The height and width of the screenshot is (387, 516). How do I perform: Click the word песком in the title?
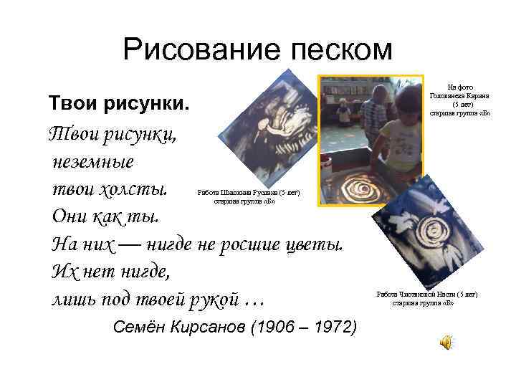334,50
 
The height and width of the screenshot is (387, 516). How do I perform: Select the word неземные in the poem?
92,161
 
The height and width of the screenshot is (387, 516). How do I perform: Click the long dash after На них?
130,245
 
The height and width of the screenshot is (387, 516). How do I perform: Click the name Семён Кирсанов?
179,328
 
